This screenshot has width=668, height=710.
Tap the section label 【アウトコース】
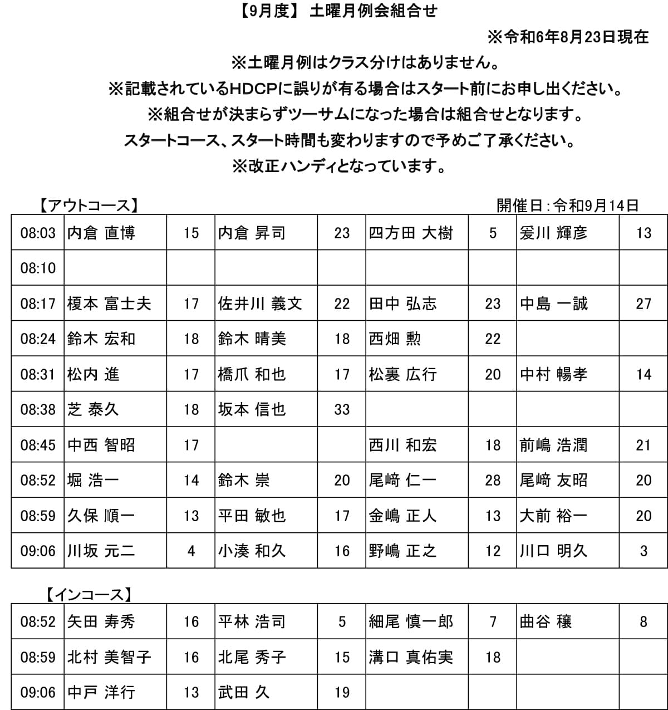pyautogui.click(x=89, y=205)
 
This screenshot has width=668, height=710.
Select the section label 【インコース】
pyautogui.click(x=89, y=595)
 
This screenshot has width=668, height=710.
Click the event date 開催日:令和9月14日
pyautogui.click(x=567, y=205)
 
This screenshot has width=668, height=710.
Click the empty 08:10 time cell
pyautogui.click(x=38, y=268)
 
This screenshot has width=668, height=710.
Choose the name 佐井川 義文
pyautogui.click(x=260, y=303)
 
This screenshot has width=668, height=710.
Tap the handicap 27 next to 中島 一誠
pyautogui.click(x=644, y=303)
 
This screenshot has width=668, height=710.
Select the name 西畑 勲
pyautogui.click(x=395, y=339)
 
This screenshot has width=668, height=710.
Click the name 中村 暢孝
pyautogui.click(x=553, y=374)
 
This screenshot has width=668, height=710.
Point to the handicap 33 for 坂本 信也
pyautogui.click(x=342, y=410)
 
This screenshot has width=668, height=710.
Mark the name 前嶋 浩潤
pyautogui.click(x=553, y=445)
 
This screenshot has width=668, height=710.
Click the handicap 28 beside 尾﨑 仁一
pyautogui.click(x=493, y=480)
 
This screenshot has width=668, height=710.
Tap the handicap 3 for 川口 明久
pyautogui.click(x=644, y=551)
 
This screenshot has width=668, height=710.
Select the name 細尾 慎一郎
pyautogui.click(x=411, y=621)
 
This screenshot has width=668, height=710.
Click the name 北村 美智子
pyautogui.click(x=109, y=657)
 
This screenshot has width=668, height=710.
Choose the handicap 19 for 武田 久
pyautogui.click(x=342, y=692)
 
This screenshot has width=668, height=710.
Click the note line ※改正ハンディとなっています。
pyautogui.click(x=339, y=166)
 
